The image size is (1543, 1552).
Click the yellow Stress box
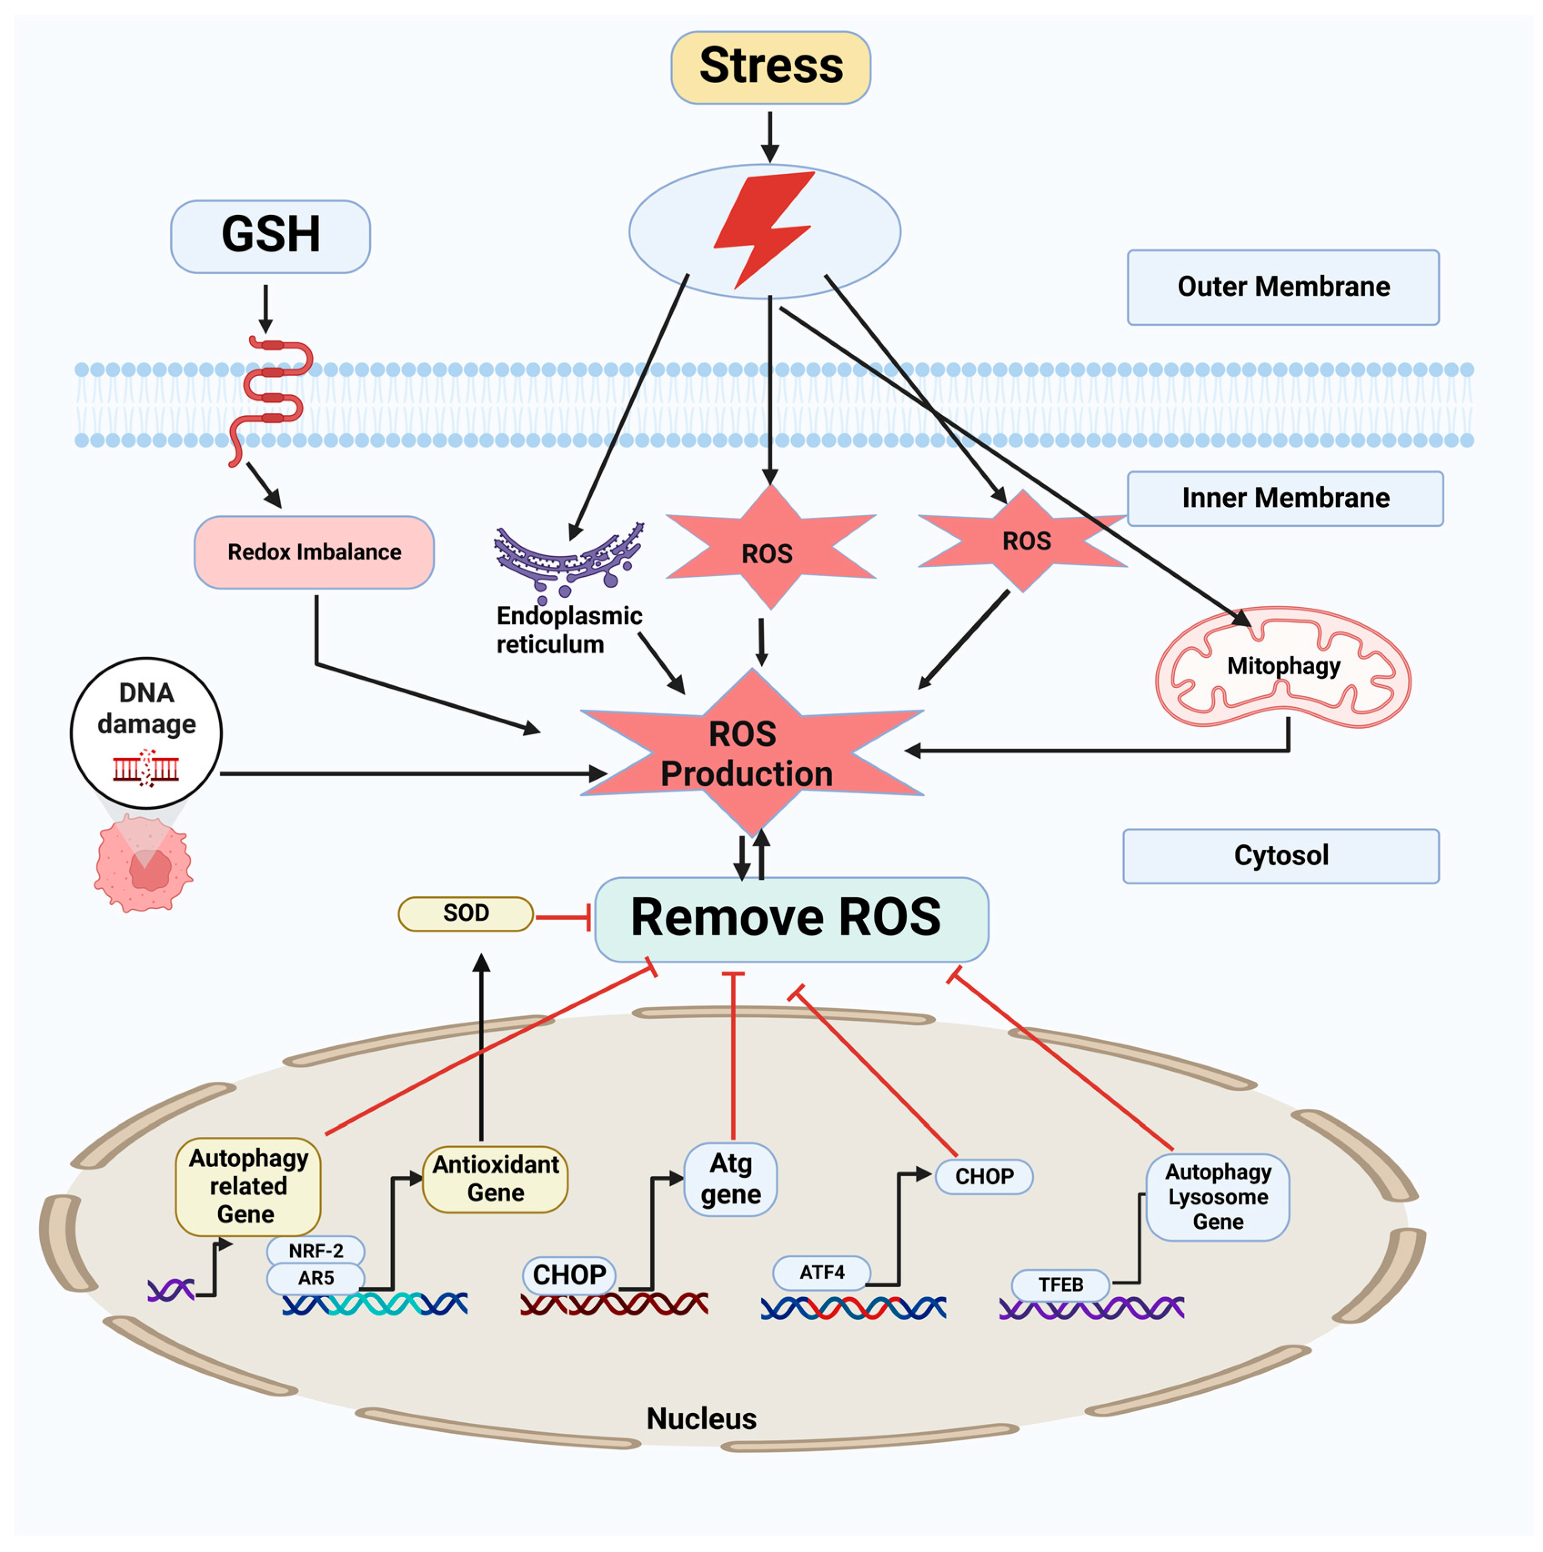point(770,67)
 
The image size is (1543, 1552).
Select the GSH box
point(271,236)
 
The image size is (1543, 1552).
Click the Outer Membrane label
point(1283,287)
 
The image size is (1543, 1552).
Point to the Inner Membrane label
point(1285,498)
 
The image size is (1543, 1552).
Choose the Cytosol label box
point(1281,856)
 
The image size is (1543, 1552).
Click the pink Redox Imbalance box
point(314,552)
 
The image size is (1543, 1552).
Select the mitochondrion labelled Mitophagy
point(1283,667)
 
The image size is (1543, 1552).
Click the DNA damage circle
point(146,733)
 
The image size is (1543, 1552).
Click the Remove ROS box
point(791,919)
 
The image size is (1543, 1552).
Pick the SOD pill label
point(466,913)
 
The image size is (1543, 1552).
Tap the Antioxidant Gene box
point(496,1179)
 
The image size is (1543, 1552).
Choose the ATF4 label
point(822,1272)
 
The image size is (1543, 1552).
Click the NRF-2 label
point(316,1251)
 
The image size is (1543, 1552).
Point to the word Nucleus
point(701,1419)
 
